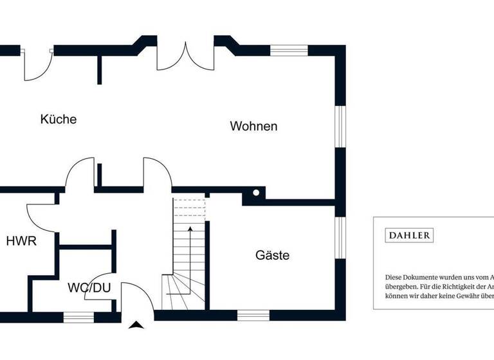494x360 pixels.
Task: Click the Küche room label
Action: pos(58,119)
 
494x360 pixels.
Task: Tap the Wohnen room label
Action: pos(253,126)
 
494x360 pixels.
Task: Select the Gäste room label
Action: pos(272,255)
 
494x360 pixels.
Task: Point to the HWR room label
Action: pos(21,242)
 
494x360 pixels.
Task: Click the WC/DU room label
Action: pos(89,287)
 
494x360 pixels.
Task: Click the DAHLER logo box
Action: pos(409,235)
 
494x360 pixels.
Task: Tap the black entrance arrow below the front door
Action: pos(136,325)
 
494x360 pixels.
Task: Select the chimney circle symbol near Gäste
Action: pos(256,192)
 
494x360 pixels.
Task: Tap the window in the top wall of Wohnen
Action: pos(289,50)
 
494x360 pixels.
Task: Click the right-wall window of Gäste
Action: pos(340,238)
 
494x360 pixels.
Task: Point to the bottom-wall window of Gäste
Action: pos(253,315)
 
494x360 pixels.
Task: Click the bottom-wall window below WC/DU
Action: pos(78,316)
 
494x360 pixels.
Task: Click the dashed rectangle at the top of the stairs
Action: pos(189,210)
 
